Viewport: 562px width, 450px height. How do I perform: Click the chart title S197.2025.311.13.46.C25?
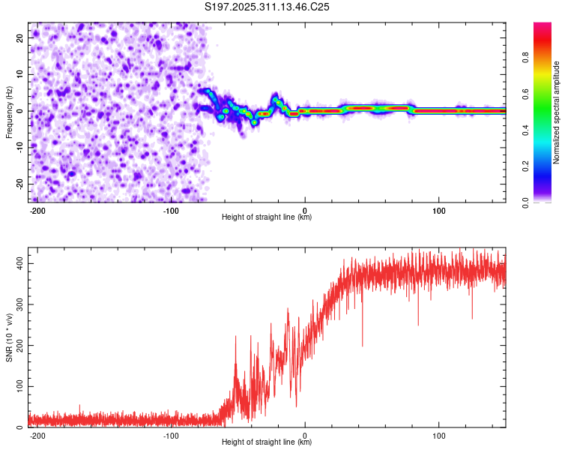pos(268,7)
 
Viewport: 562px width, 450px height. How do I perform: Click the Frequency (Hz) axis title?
pos(9,112)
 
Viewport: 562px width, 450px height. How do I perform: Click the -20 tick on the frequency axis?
pos(19,184)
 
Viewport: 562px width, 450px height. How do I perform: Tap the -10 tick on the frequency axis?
pos(19,148)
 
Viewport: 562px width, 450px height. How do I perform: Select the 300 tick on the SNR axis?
pos(19,305)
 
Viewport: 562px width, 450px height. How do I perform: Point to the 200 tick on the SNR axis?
pos(19,346)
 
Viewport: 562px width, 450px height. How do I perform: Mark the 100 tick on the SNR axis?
pos(19,386)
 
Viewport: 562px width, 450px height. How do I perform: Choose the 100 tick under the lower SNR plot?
pos(438,435)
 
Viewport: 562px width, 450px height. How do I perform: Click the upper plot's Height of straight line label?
pos(267,217)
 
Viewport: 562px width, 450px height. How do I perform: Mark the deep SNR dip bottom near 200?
pos(363,346)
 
